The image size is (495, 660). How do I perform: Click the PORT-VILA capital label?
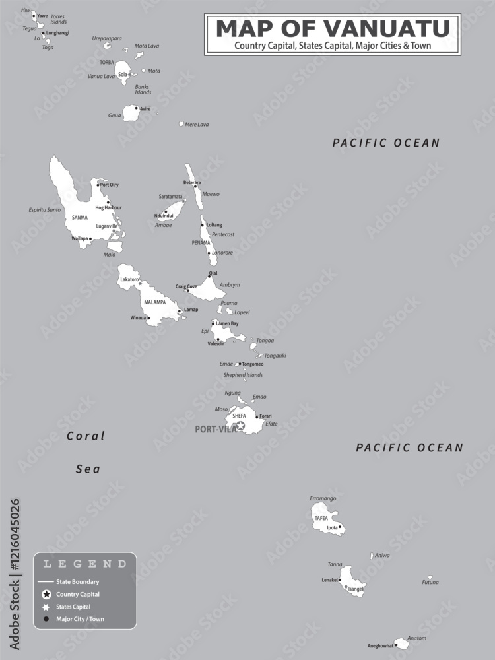click(x=215, y=429)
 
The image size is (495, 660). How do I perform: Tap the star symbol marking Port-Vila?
click(x=241, y=426)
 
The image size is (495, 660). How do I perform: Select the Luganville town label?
click(x=106, y=226)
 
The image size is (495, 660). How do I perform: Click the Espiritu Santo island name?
click(x=44, y=210)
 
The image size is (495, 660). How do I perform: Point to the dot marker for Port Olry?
click(x=99, y=185)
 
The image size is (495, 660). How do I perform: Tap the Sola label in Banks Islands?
click(x=122, y=75)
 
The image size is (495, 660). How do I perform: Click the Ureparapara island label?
click(x=106, y=38)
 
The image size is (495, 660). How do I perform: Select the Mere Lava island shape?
click(x=181, y=123)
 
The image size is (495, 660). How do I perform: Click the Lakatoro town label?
click(x=129, y=280)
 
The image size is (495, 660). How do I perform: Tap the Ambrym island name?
click(x=230, y=285)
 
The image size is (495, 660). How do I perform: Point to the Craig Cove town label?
click(x=186, y=286)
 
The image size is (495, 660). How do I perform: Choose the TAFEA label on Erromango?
click(x=321, y=519)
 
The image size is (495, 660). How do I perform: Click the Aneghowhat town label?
click(x=380, y=645)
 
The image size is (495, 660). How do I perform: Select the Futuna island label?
click(x=430, y=583)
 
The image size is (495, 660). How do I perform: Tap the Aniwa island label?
click(x=382, y=556)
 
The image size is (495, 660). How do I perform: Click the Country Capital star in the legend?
click(x=46, y=595)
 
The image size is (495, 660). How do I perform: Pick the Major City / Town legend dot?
click(x=46, y=619)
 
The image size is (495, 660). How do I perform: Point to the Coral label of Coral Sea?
click(x=86, y=436)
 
